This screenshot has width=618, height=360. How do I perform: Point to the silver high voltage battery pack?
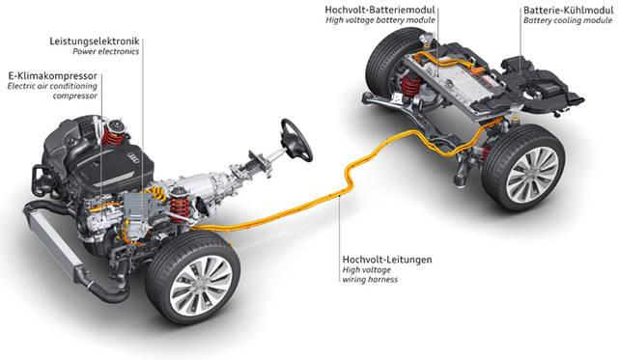[x=454, y=81]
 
